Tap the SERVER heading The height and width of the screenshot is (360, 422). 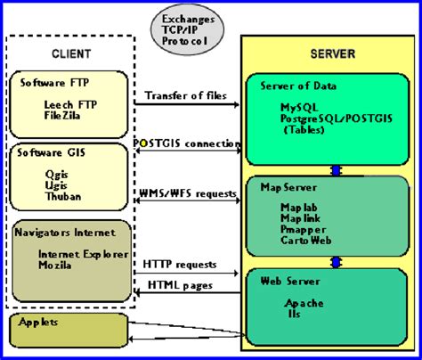[x=331, y=53]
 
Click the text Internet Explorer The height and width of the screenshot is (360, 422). [x=78, y=254]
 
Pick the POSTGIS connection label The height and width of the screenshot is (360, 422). [x=186, y=143]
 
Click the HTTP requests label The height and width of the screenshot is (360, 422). [x=179, y=266]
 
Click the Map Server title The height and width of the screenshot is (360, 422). [x=284, y=188]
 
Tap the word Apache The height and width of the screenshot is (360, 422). [x=304, y=303]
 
